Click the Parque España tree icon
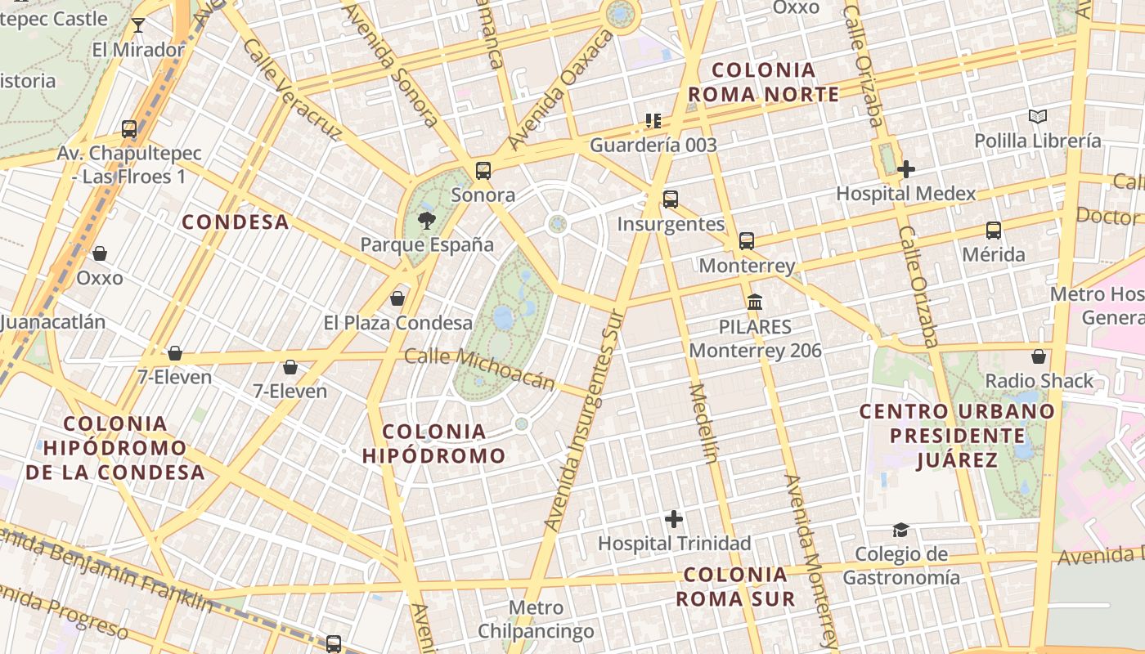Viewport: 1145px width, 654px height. coord(426,219)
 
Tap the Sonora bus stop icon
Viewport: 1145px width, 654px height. coord(483,171)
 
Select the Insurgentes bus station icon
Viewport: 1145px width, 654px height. coord(671,199)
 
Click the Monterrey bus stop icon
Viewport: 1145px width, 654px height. coord(747,241)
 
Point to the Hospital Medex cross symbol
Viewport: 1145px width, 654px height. coord(905,169)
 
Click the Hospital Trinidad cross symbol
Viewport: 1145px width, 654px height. coord(674,519)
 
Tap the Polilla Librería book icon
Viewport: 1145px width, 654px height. coord(1038,116)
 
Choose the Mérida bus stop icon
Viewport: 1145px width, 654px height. coord(994,231)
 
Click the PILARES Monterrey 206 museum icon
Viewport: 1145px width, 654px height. coord(755,302)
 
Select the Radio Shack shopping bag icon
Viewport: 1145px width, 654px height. coord(1039,356)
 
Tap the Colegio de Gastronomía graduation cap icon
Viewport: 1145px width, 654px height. coord(900,531)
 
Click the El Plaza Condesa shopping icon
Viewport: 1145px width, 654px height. coord(397,298)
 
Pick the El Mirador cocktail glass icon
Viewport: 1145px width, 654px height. coord(138,25)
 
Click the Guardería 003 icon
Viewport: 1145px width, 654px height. coord(653,121)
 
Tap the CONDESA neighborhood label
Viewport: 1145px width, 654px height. coord(236,222)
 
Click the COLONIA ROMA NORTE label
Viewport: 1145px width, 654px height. coord(763,82)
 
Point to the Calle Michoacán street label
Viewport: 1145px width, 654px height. coord(480,369)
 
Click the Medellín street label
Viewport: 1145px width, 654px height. coord(704,423)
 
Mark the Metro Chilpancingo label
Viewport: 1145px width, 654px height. coord(536,619)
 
